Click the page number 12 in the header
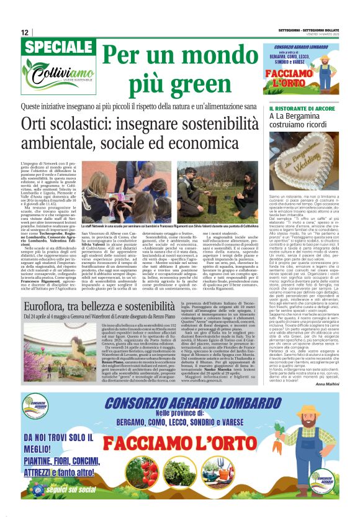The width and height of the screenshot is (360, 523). click(x=24, y=32)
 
